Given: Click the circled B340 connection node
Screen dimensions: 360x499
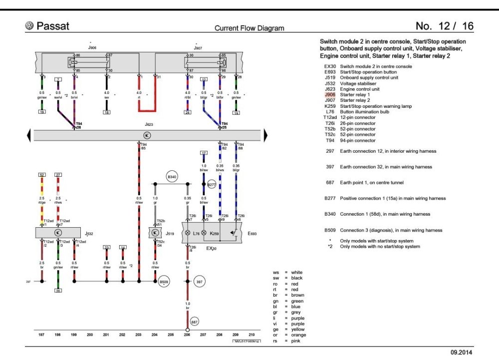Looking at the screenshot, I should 172,177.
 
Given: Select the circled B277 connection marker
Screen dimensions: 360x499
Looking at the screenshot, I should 212,184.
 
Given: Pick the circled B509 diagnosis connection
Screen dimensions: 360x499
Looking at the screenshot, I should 164,283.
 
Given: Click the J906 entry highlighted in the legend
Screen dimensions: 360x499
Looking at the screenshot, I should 330,94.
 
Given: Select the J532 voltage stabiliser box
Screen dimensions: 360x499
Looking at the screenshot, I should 58,233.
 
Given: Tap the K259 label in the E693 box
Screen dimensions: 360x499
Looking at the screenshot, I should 214,233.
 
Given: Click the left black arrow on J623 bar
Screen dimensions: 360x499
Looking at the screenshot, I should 29,135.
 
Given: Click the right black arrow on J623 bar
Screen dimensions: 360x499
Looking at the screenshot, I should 266,135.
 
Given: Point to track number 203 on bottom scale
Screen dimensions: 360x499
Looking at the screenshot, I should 138,335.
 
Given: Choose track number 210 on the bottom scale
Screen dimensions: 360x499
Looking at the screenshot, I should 251,335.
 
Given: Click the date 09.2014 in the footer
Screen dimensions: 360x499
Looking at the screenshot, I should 462,352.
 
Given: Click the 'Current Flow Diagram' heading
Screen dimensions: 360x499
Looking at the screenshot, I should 249,28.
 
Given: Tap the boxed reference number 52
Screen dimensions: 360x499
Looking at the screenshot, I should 42,175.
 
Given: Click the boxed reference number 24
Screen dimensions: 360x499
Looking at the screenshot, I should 188,113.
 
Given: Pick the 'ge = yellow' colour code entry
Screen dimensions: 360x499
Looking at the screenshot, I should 289,330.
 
